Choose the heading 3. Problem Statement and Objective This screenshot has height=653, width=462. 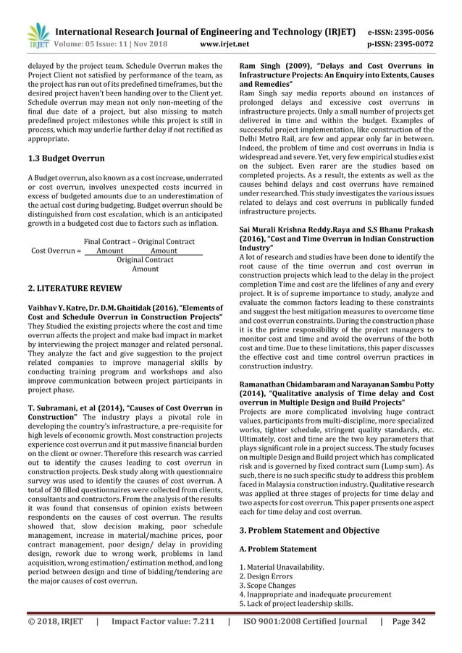(309, 530)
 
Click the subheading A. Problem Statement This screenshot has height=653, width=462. (278, 549)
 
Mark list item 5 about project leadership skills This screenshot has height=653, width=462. (296, 603)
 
